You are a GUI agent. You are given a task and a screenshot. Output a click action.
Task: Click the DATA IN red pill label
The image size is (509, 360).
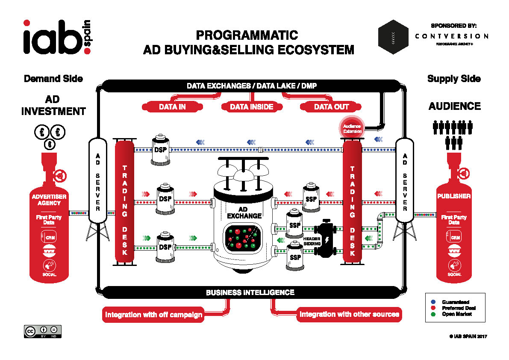point(172,107)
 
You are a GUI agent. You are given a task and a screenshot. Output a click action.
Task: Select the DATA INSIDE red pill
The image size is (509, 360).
point(251,107)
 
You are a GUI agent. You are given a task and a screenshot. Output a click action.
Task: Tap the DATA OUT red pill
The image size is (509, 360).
point(331,107)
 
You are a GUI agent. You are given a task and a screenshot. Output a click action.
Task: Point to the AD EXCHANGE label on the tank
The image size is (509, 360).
point(244,212)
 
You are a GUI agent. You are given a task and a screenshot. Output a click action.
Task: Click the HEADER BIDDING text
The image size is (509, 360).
point(312,241)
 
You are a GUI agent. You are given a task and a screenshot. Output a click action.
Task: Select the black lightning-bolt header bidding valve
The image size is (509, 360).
point(326,239)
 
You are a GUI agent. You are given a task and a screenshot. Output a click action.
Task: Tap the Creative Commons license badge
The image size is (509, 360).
point(42,331)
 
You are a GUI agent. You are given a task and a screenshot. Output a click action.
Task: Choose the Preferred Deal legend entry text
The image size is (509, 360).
point(459,308)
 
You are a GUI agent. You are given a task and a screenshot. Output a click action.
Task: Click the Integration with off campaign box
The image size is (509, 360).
point(153,315)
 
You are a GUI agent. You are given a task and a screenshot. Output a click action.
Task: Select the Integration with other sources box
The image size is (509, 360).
point(349,315)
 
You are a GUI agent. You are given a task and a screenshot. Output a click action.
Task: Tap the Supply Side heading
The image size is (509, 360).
point(454,79)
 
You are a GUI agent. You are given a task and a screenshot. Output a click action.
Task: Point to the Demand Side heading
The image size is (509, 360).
point(53,79)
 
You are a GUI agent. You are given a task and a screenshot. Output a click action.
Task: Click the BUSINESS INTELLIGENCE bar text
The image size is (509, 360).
point(250,293)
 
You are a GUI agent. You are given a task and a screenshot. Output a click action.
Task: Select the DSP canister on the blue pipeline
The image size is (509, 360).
point(161,150)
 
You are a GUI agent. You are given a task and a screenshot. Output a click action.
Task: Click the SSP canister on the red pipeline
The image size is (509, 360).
point(311,199)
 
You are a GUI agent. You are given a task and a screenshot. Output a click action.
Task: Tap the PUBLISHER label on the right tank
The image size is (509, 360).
point(454,197)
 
